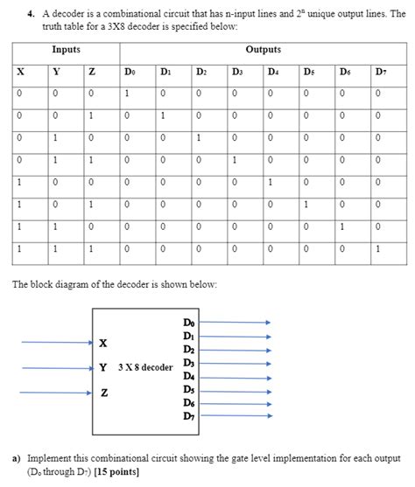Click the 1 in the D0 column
[x=127, y=94]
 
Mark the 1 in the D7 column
[x=379, y=248]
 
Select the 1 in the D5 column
[x=307, y=205]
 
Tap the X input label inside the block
[x=104, y=343]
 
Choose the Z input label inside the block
[x=104, y=393]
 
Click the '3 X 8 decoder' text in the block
[x=144, y=367]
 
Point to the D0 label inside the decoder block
[x=189, y=323]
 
